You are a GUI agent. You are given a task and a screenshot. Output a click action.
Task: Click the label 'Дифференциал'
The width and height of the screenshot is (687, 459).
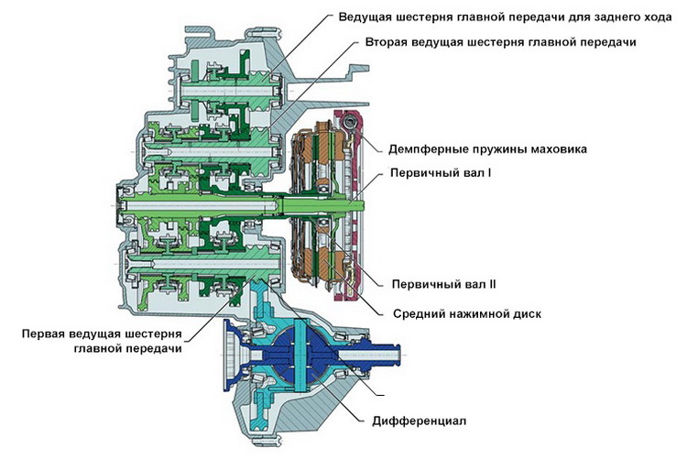click(420, 421)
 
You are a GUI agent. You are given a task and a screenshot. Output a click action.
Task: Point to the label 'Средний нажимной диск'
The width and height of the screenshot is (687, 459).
click(466, 313)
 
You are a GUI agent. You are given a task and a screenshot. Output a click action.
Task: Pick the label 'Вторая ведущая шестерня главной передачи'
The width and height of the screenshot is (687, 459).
click(499, 42)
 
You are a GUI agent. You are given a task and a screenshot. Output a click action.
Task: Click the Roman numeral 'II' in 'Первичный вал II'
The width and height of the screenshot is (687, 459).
click(490, 285)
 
